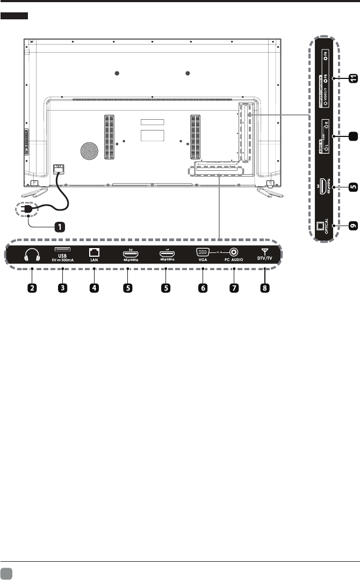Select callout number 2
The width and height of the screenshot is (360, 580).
pos(33,288)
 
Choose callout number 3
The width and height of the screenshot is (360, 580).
pos(63,288)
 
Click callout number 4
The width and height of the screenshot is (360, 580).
pos(94,288)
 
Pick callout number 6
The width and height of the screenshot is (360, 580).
pos(203,288)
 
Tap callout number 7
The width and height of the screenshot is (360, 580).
pos(234,288)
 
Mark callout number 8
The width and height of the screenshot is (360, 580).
pos(264,288)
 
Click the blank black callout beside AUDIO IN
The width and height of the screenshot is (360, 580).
pos(352,136)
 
